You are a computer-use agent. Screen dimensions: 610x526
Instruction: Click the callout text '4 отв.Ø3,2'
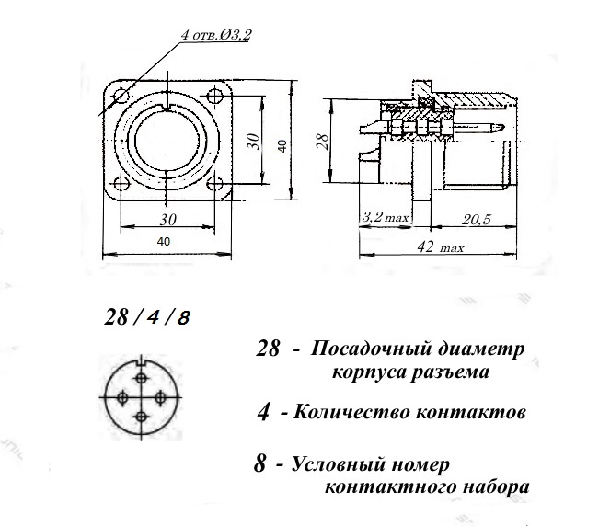[216, 35]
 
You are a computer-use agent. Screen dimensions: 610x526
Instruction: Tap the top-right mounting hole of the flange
[214, 96]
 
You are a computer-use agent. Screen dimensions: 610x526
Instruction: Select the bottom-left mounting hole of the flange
[121, 183]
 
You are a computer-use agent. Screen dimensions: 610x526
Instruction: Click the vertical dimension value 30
[253, 142]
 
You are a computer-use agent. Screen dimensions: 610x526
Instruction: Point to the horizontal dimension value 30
[168, 220]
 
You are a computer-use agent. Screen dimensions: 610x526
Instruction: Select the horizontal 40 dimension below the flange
[164, 242]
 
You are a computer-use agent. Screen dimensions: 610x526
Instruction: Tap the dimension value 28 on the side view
[322, 142]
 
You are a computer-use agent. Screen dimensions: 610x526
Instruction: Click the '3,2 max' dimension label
[386, 217]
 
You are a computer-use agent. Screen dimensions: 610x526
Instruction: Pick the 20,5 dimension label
[477, 220]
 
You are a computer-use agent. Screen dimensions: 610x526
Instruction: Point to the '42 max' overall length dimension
[440, 246]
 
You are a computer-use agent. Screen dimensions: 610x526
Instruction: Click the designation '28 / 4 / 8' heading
[147, 317]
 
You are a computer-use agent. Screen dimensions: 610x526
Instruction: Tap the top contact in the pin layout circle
[141, 378]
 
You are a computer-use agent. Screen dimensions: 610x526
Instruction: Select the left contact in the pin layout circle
[122, 397]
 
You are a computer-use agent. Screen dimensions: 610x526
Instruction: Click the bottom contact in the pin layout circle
[141, 417]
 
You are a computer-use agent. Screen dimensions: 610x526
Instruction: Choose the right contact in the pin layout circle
[160, 397]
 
